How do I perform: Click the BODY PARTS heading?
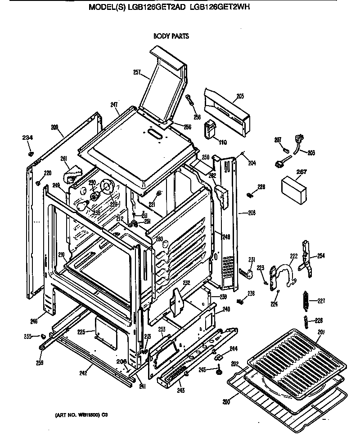coord(171,36)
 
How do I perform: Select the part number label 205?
coord(240,96)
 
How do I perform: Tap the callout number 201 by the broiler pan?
coord(320,332)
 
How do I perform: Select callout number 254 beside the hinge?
coord(320,256)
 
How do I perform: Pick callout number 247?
coord(114,104)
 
